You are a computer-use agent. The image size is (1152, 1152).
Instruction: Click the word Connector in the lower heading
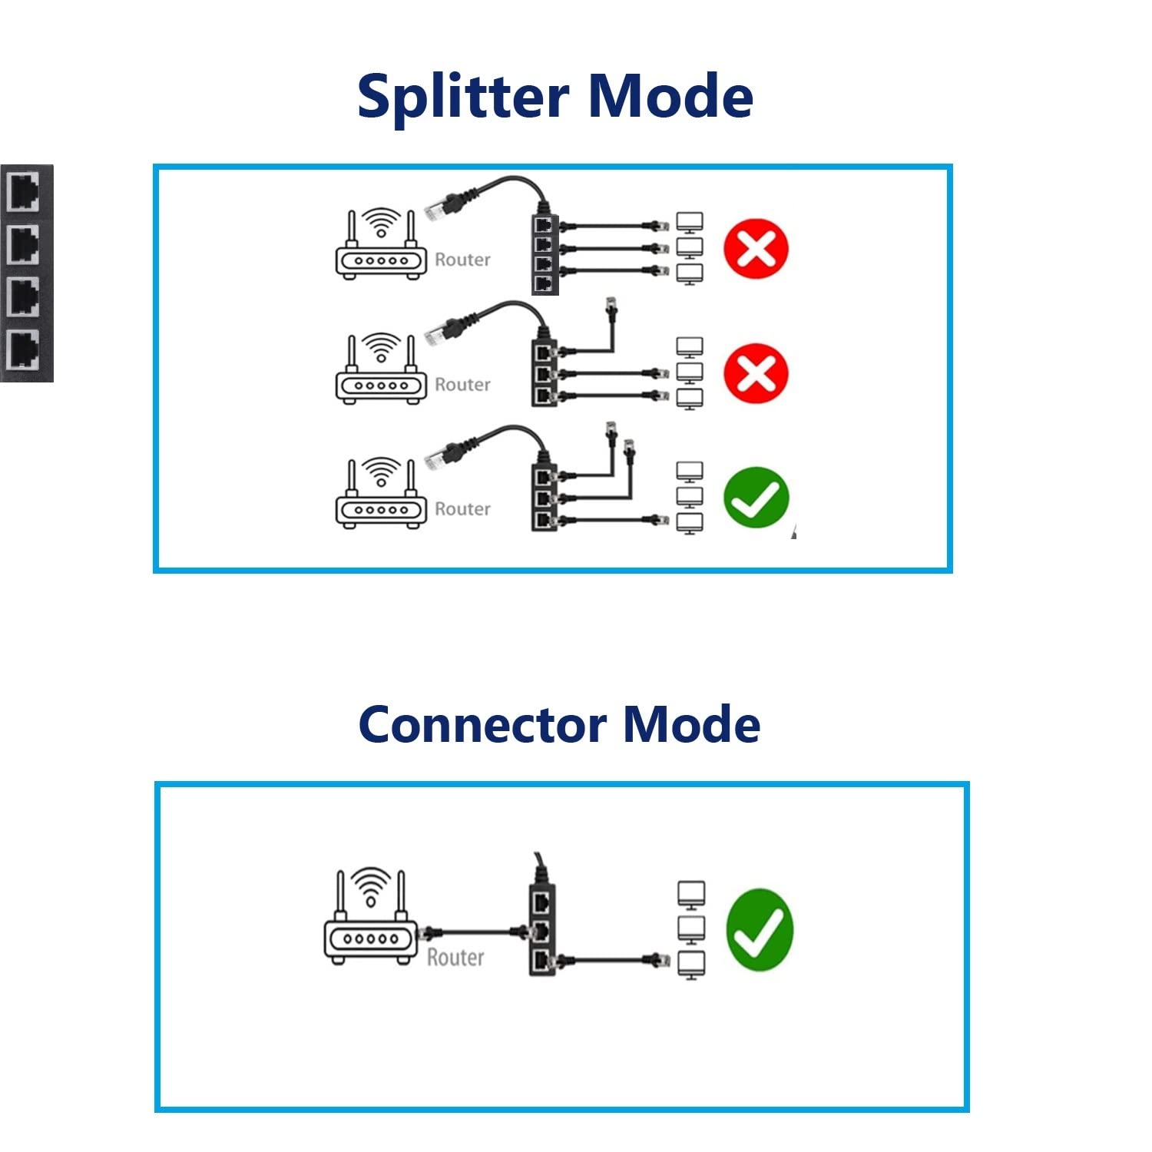tap(482, 725)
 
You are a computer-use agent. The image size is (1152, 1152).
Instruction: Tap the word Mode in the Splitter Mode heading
tap(670, 97)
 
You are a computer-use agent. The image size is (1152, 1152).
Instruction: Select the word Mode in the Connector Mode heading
tap(691, 725)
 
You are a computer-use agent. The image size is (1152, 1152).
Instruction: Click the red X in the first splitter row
tap(756, 249)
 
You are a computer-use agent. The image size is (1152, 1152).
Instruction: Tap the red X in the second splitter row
tap(756, 373)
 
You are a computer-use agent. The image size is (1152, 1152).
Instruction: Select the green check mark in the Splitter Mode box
tap(756, 498)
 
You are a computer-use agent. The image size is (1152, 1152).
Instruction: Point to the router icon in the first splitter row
tap(381, 244)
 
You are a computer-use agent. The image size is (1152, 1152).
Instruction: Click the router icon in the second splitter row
tap(381, 369)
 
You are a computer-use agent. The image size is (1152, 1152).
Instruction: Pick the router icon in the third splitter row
tap(381, 493)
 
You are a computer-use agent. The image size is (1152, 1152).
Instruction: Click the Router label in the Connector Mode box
tap(455, 958)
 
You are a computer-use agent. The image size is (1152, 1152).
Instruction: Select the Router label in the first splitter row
tap(462, 260)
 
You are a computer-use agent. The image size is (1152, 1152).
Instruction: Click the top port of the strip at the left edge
tap(24, 192)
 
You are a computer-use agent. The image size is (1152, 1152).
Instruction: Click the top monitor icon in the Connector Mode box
tap(691, 895)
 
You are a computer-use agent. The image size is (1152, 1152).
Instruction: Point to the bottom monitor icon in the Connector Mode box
tap(691, 965)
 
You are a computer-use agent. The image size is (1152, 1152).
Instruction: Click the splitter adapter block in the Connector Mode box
tap(542, 930)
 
